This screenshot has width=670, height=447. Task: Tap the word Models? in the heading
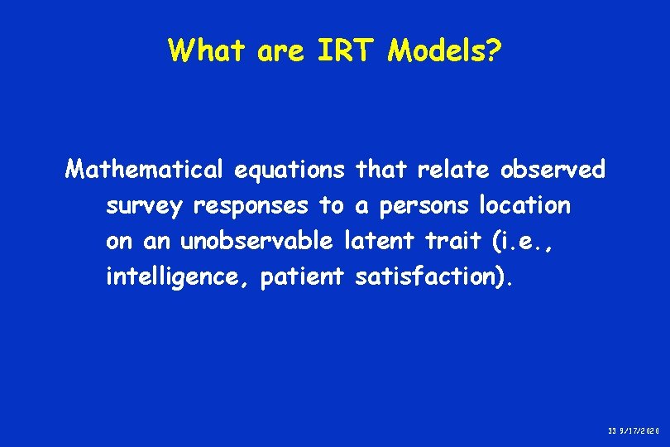(444, 50)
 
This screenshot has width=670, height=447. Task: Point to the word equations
(290, 170)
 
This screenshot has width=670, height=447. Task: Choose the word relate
(454, 170)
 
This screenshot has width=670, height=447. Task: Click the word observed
(553, 170)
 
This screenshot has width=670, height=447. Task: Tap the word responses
(251, 205)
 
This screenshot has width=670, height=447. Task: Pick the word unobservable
(257, 241)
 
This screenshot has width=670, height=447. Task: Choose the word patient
(302, 277)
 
